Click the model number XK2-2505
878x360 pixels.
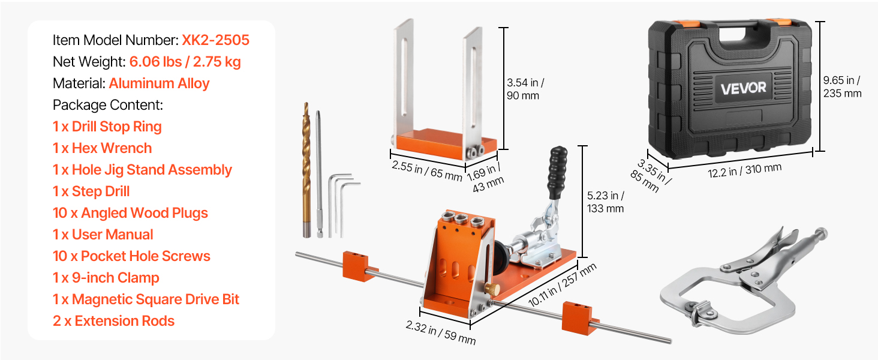point(215,40)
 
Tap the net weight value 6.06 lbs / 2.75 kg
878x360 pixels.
point(185,62)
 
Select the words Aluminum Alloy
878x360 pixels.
point(159,83)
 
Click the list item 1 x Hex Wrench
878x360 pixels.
point(103,148)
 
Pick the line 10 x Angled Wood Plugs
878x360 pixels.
point(130,213)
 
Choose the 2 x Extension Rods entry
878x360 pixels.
point(114,321)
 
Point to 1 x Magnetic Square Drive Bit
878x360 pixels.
point(146,299)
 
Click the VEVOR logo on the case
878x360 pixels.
point(743,88)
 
